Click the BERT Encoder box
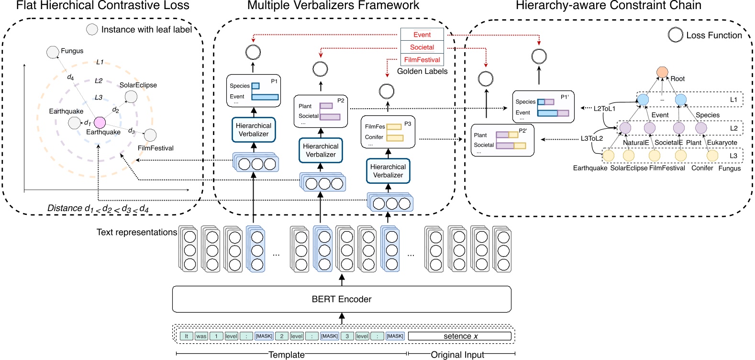click(x=341, y=299)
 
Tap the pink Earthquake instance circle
click(x=100, y=123)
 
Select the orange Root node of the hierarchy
click(x=662, y=72)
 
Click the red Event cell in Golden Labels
click(x=422, y=34)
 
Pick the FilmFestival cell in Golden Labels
click(x=422, y=60)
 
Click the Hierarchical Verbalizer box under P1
click(x=254, y=130)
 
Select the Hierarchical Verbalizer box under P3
click(x=388, y=171)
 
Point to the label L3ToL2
click(x=591, y=138)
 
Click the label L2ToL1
click(x=604, y=109)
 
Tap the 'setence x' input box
click(x=460, y=336)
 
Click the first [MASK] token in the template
click(x=264, y=336)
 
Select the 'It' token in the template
click(x=186, y=336)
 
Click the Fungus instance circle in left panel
click(x=53, y=52)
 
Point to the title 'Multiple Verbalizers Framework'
click(x=333, y=6)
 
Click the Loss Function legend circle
click(x=675, y=35)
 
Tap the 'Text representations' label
click(x=136, y=232)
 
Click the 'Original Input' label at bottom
click(x=457, y=355)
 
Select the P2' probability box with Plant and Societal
click(x=502, y=140)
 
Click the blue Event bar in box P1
click(x=265, y=97)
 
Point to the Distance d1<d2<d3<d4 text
click(x=98, y=208)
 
